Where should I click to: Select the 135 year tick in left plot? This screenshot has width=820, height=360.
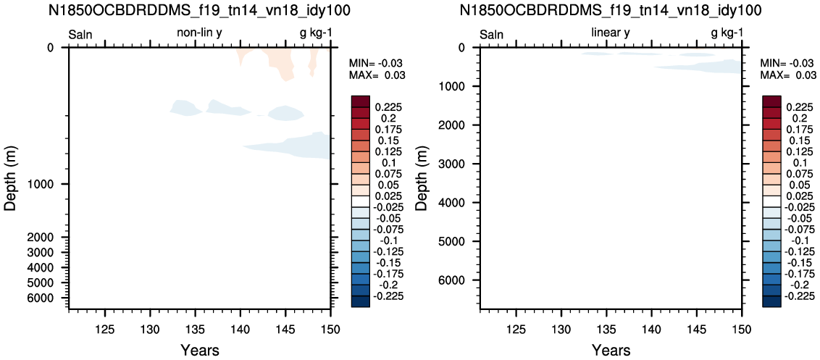195,329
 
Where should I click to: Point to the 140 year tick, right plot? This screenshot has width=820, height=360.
651,329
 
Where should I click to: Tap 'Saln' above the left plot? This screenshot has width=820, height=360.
80,35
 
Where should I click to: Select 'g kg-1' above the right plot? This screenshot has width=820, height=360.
727,34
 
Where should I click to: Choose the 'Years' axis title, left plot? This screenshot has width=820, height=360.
200,350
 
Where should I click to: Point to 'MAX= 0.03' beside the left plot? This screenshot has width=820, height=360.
377,75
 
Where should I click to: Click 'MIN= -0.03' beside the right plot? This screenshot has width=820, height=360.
787,62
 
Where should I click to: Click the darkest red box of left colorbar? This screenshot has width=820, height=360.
360,101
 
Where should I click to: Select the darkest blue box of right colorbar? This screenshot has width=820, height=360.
772,302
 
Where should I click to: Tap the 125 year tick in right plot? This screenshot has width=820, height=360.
516,329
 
